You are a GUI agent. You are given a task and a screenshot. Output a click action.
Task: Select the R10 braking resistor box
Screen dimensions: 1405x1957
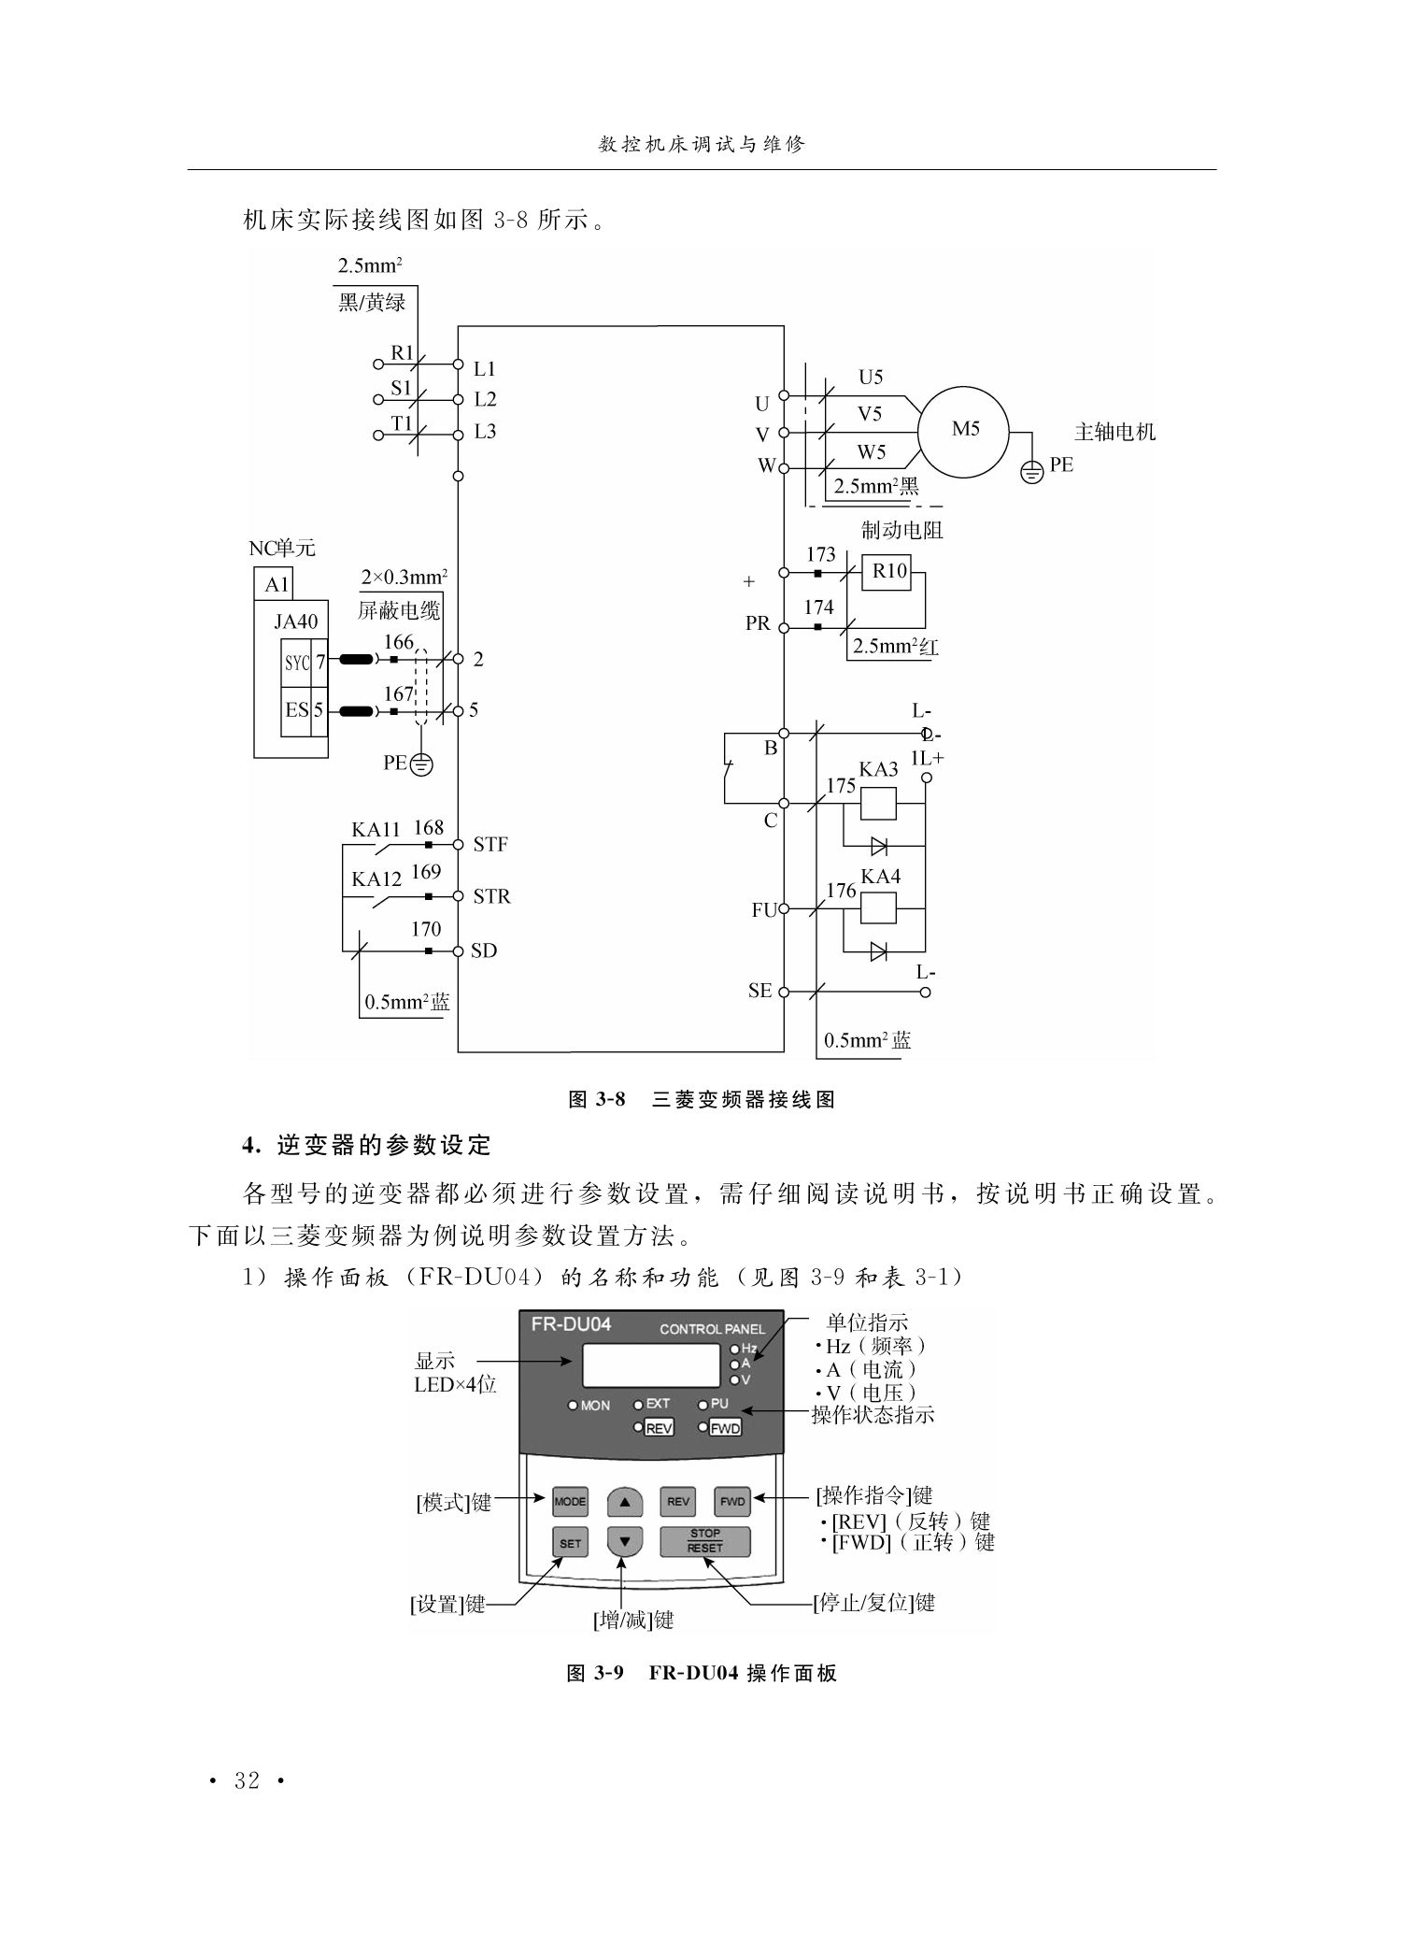(x=889, y=571)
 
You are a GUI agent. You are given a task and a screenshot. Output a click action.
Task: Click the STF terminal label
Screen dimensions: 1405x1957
(x=490, y=845)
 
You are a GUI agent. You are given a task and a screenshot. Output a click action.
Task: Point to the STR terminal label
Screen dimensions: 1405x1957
(x=491, y=897)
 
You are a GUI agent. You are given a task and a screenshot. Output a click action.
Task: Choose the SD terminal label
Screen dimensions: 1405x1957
(x=484, y=950)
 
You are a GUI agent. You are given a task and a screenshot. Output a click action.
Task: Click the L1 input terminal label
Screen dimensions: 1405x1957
(x=485, y=369)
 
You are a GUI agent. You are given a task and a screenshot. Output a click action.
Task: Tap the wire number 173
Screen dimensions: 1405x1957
(x=820, y=555)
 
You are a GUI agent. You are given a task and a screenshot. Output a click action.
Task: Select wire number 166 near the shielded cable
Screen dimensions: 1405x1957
(x=399, y=642)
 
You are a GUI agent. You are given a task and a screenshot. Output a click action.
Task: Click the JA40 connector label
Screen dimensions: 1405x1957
(x=295, y=621)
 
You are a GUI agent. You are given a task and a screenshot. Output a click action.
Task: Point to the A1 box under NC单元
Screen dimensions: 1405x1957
(x=277, y=584)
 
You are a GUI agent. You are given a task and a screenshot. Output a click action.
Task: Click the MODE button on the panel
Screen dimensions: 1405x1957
(x=570, y=1502)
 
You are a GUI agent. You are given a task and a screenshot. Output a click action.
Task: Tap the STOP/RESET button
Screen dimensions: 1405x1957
(x=705, y=1541)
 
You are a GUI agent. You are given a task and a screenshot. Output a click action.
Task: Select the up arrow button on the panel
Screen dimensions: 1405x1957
(x=625, y=1502)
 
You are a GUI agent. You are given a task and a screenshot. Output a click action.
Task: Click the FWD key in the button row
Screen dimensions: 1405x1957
(x=732, y=1502)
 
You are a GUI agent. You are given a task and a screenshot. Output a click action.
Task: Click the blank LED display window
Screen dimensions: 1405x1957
(x=651, y=1365)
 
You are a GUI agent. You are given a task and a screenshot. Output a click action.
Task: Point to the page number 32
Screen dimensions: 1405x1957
(x=248, y=1781)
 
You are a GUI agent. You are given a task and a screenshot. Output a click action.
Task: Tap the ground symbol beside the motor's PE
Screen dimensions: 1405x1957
(x=1032, y=472)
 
